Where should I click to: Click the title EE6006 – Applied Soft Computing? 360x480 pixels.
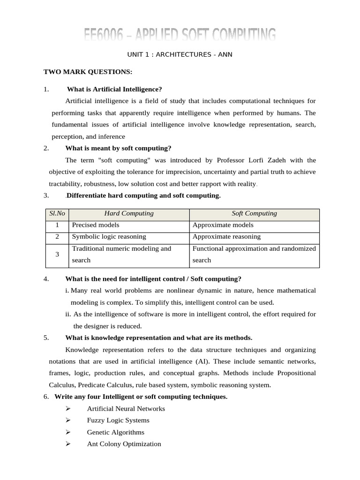180,35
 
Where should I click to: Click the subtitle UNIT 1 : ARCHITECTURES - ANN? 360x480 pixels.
180,55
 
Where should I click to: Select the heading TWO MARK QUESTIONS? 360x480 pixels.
88,72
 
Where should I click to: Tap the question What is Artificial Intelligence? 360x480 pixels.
114,89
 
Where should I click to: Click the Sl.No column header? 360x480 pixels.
57,214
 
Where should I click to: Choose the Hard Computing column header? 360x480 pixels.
129,214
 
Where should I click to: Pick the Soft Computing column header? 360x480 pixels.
254,214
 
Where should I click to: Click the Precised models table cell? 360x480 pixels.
96,225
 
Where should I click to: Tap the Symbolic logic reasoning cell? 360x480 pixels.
109,237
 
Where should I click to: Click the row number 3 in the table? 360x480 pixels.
57,254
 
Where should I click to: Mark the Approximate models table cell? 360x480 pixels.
223,225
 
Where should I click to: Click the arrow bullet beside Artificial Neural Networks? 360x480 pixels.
69,409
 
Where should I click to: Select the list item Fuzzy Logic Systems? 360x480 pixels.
118,420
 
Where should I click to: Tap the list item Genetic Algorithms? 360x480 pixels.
115,432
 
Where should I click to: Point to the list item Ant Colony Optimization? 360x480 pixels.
124,444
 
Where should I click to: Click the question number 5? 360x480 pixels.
46,338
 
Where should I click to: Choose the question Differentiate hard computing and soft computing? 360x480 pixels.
143,195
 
